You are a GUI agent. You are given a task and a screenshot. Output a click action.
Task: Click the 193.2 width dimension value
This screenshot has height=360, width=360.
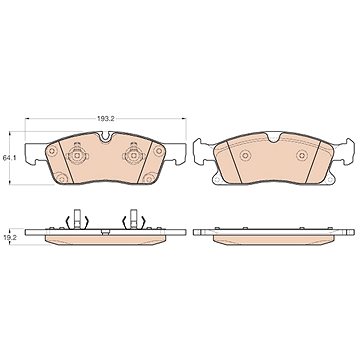tap(106, 119)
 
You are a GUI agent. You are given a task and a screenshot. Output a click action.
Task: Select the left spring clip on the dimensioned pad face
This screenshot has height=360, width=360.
tap(77, 155)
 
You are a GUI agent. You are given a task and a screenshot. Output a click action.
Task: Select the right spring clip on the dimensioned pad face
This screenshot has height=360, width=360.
tap(133, 155)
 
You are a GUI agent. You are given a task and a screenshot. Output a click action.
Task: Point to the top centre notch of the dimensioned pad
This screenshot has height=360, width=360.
tap(105, 137)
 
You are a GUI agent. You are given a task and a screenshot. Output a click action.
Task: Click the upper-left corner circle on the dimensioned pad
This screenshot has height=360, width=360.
tap(52, 151)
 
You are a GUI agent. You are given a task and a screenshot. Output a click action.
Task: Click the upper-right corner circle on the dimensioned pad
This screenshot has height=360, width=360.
tap(159, 151)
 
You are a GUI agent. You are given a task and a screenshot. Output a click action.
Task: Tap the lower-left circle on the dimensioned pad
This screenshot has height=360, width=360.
tap(62, 178)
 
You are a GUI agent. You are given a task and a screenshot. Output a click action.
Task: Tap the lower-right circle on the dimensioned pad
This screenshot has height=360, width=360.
tap(149, 178)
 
